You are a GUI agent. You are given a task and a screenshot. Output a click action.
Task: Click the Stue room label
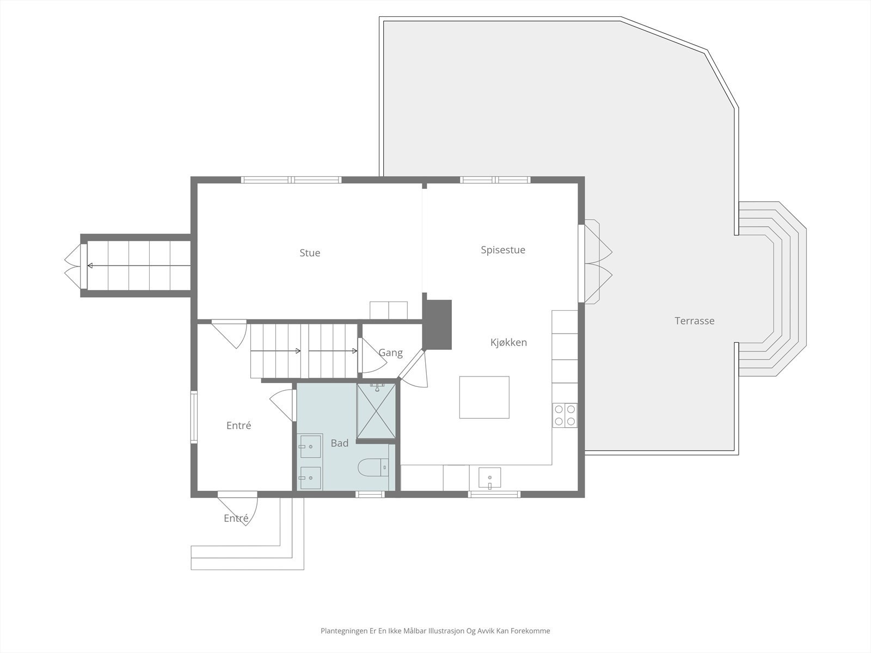(x=310, y=252)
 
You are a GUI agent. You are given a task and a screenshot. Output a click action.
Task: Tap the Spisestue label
(x=503, y=250)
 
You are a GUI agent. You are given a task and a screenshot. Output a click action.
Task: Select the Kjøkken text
(x=508, y=342)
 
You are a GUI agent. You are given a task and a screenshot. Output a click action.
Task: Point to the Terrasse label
(x=695, y=321)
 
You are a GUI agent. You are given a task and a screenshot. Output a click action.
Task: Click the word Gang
(x=390, y=353)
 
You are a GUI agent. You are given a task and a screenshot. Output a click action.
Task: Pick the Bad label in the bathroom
(x=339, y=443)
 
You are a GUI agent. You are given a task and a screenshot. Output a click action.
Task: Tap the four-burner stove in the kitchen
(x=565, y=415)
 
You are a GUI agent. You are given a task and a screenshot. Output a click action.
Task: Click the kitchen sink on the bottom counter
(x=489, y=478)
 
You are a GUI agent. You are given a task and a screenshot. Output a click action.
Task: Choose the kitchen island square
(x=484, y=397)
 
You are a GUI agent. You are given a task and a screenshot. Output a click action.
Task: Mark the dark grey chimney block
(x=438, y=324)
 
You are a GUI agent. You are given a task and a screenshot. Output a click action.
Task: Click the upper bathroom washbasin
(x=310, y=446)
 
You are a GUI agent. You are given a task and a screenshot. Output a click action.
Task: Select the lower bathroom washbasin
(x=310, y=478)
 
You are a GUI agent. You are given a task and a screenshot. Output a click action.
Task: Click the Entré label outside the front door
(x=236, y=519)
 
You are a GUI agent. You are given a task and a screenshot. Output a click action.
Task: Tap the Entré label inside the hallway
(x=238, y=426)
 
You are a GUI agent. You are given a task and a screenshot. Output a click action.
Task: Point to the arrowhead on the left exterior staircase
(x=90, y=266)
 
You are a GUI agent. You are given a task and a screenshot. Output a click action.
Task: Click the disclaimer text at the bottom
(x=435, y=631)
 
